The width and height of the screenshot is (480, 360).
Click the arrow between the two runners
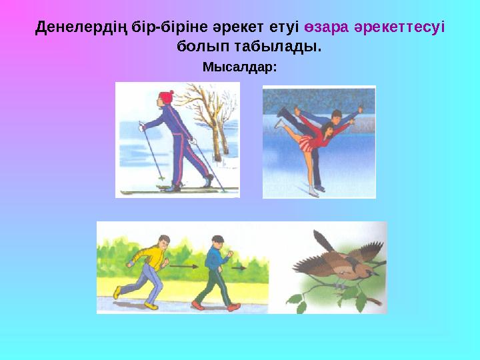pyautogui.click(x=181, y=265)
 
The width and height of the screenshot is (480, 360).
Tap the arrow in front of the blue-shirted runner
pyautogui.click(x=239, y=267)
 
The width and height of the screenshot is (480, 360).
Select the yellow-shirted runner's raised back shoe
pyautogui.click(x=117, y=291)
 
